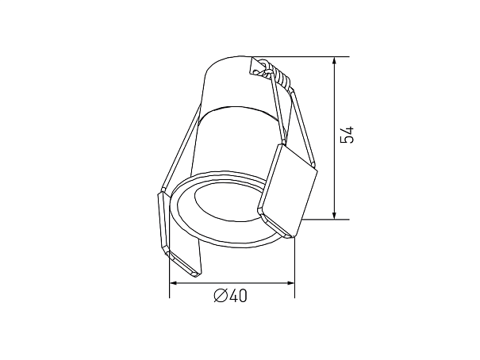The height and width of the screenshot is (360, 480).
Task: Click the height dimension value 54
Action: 348,134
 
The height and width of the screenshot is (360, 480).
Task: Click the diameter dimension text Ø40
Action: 230,296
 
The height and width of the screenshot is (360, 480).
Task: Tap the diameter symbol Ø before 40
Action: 221,296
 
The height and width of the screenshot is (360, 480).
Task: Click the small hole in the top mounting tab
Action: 256,73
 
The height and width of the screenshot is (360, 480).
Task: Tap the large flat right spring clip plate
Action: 288,190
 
